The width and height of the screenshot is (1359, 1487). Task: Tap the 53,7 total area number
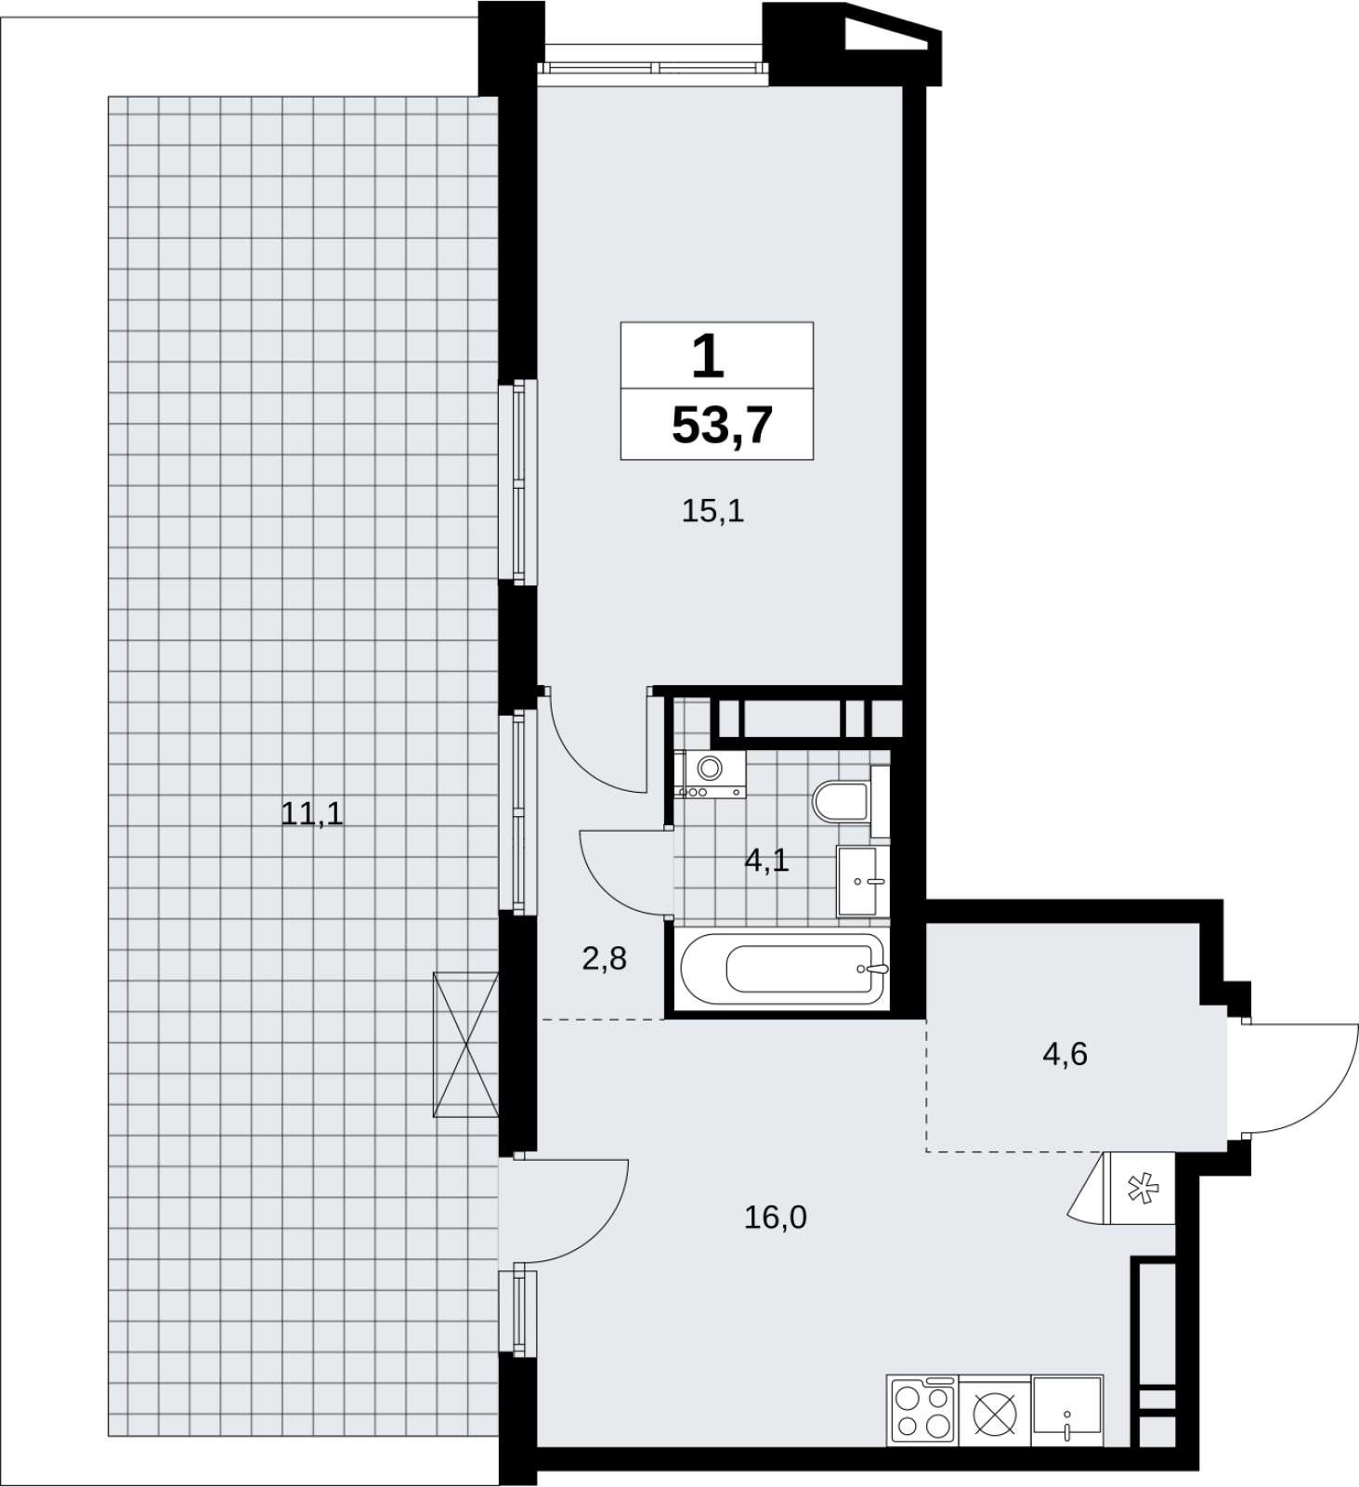click(722, 427)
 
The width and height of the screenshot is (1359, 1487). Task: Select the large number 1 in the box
click(708, 357)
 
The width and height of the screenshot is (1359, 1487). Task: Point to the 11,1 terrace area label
click(312, 814)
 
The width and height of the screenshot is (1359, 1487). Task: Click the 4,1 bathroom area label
click(766, 861)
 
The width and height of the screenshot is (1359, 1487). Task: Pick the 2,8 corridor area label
click(605, 958)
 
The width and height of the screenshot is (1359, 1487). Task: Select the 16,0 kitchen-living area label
click(776, 1216)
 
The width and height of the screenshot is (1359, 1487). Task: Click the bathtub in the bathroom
click(782, 969)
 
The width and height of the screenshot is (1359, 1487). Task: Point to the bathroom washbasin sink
click(863, 880)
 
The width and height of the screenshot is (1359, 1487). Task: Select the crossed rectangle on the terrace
click(466, 1044)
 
